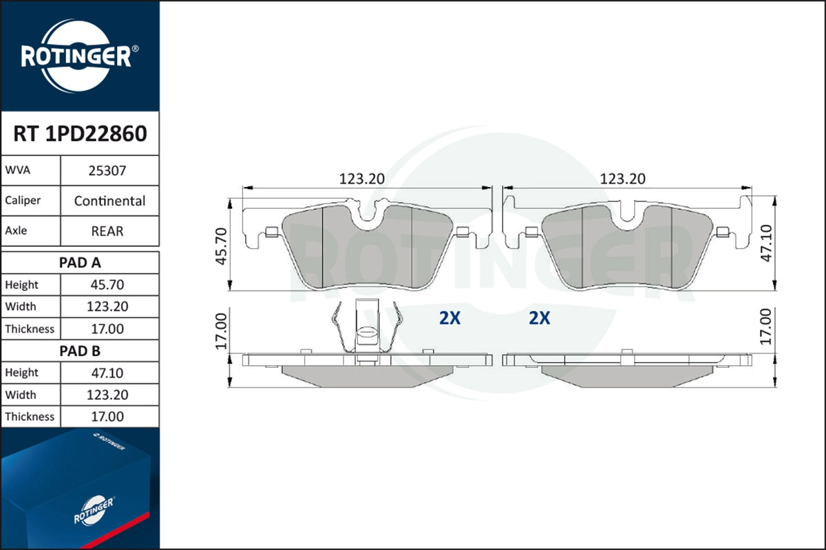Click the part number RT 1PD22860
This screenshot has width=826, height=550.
80,133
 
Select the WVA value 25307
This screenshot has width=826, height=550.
107,170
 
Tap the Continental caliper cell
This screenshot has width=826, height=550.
109,201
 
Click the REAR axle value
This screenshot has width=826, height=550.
107,231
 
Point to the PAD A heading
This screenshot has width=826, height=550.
80,263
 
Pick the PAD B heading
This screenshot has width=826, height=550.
80,351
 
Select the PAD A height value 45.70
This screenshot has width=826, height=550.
107,285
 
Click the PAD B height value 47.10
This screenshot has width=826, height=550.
107,373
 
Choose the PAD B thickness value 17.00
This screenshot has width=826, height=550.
107,417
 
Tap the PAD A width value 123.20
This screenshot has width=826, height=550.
107,307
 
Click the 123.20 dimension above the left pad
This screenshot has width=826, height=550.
361,179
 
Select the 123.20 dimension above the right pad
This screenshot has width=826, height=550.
622,179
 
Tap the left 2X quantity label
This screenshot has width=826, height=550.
449,318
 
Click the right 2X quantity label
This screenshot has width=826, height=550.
540,318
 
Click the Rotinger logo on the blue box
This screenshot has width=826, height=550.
94,510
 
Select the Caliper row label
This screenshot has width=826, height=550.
23,201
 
